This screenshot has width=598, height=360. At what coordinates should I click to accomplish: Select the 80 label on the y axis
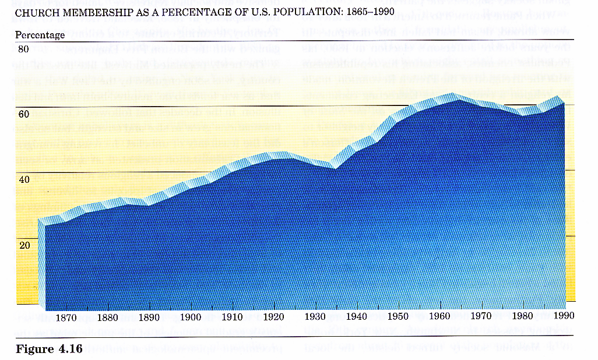(x=23, y=48)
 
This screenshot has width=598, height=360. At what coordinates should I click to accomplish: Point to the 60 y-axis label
(x=23, y=114)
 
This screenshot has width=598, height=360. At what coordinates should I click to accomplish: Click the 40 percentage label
(x=23, y=179)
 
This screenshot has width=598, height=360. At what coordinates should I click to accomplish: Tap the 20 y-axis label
(x=23, y=245)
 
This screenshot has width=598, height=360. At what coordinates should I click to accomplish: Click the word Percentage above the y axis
(x=40, y=36)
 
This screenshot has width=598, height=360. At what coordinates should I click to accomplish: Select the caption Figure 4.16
(x=49, y=350)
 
